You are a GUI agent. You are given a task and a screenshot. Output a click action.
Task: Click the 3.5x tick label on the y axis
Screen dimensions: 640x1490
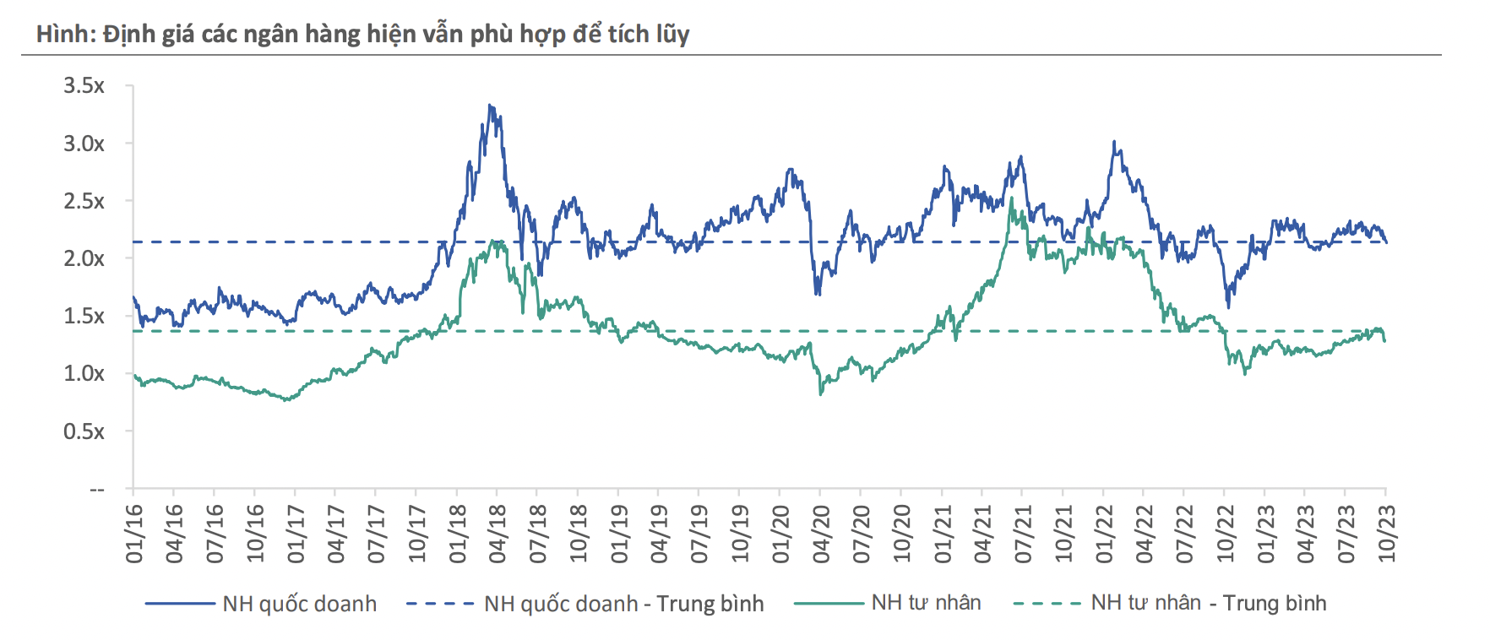coord(84,85)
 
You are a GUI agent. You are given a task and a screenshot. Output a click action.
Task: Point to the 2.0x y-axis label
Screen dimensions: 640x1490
coord(84,258)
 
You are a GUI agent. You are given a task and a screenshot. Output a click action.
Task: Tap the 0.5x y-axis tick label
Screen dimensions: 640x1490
coord(84,431)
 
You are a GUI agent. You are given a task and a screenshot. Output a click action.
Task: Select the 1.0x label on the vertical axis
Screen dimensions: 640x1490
coord(84,373)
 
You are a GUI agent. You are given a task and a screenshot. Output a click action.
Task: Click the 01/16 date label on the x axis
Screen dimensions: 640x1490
coord(134,534)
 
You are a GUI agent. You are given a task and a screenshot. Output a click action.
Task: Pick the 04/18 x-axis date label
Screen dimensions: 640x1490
coord(498,534)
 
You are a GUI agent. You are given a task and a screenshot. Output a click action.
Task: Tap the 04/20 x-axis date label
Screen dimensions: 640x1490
coord(821,534)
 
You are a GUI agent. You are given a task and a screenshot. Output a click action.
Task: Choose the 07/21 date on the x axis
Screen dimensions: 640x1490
coord(1023,534)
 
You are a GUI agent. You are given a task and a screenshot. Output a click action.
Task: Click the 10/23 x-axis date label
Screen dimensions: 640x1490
coord(1387,534)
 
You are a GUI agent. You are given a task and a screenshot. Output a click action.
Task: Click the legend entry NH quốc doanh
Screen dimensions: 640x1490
coord(299,604)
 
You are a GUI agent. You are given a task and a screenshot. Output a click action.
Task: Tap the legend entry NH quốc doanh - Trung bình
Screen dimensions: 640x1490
coord(623,604)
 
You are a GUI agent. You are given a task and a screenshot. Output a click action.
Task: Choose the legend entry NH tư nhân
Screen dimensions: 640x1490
coord(926,603)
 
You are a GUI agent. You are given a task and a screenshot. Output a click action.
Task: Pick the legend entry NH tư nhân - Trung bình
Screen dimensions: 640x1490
coord(1208,603)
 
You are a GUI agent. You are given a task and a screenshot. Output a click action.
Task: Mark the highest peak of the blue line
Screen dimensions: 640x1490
coord(490,106)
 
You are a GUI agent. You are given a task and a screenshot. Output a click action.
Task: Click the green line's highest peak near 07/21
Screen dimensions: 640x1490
coord(1012,198)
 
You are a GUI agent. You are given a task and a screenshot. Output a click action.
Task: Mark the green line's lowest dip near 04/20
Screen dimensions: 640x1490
coord(821,393)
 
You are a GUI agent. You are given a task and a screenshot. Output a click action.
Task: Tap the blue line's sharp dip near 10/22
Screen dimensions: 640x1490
coord(1228,306)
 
